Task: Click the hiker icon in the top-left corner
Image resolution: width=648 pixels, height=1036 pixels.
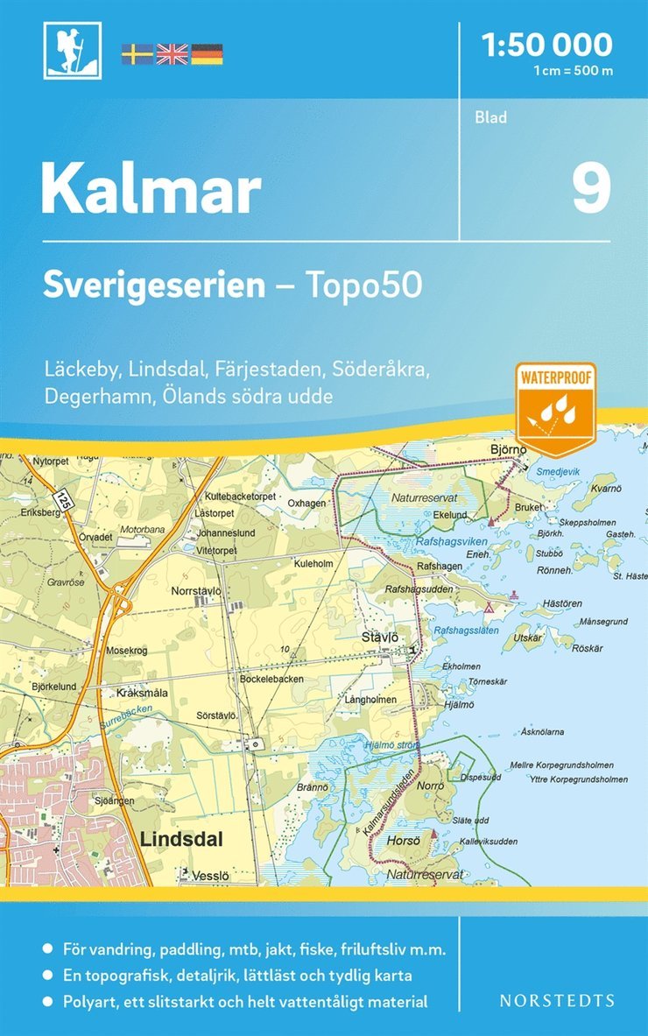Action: click(x=73, y=50)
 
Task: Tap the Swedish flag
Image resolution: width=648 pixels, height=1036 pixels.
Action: click(x=137, y=53)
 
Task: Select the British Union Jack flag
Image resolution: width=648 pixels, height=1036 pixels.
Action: click(x=172, y=53)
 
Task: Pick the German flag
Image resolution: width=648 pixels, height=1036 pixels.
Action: click(x=207, y=53)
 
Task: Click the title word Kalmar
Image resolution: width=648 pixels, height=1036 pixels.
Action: click(x=151, y=188)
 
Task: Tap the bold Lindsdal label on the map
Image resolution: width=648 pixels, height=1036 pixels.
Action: click(x=181, y=839)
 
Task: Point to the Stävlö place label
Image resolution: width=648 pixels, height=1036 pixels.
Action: click(x=380, y=638)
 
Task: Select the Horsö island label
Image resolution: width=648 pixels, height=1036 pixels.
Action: click(x=404, y=839)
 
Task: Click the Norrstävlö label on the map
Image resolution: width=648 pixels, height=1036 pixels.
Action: click(x=197, y=590)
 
